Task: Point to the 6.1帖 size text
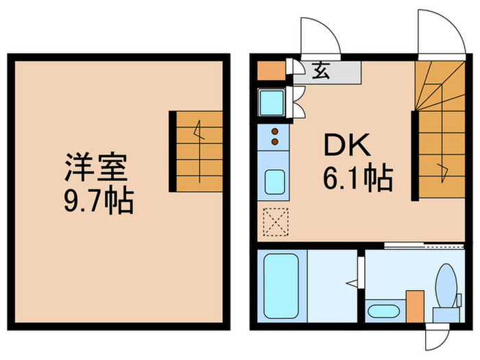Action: point(357,180)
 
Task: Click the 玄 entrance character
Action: point(320,71)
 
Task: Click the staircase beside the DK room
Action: point(439,130)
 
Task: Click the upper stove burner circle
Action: point(275,131)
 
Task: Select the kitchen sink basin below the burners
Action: point(275,182)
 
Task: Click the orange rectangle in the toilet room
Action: point(415,307)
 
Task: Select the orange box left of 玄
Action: point(272,70)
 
